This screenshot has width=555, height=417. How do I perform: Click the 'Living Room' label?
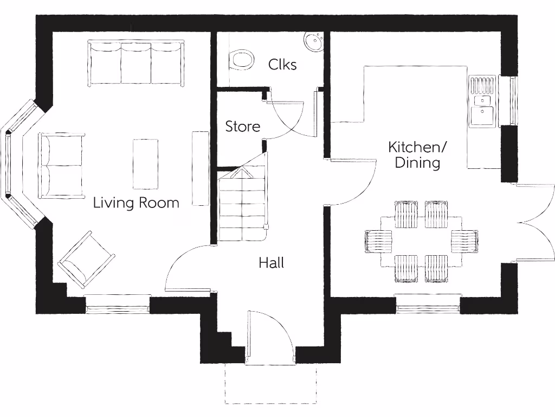[x=136, y=203]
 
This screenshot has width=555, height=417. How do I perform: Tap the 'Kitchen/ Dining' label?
[x=417, y=155]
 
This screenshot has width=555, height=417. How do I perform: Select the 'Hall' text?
[x=271, y=263]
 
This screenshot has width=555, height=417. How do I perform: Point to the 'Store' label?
[x=242, y=127]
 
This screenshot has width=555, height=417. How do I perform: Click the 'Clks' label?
[x=282, y=65]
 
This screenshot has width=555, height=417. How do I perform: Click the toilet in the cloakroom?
[x=242, y=60]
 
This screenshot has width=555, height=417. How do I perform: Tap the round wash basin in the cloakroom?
[x=313, y=41]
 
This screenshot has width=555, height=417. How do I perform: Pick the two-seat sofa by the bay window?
[x=61, y=165]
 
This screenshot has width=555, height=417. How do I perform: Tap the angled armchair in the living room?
[x=87, y=260]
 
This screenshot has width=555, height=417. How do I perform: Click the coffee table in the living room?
[x=145, y=164]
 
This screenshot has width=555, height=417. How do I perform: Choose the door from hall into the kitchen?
[x=352, y=182]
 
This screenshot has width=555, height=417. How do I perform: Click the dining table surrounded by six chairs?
[x=421, y=242]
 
